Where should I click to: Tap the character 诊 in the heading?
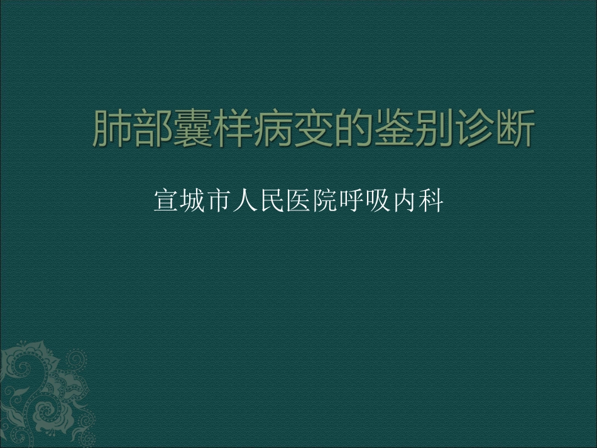pos(474,130)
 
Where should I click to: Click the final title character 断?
pos(514,130)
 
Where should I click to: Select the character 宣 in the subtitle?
pos(165,201)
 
